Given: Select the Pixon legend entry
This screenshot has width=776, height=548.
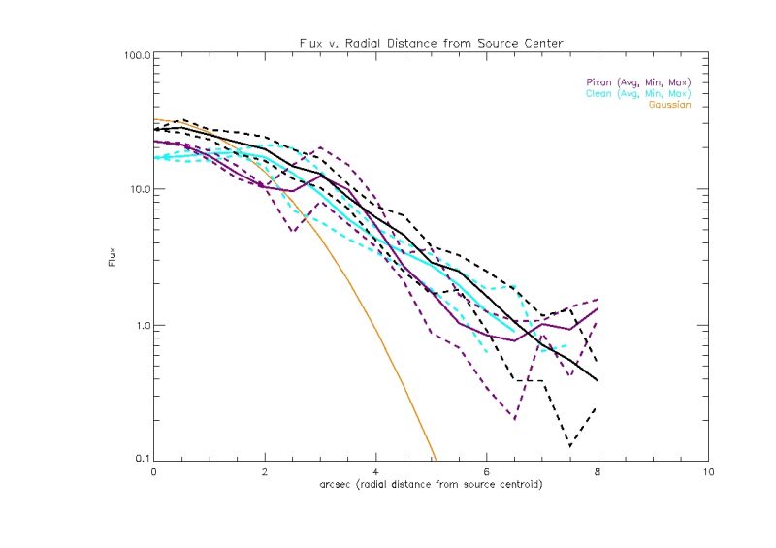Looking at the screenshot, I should [636, 82].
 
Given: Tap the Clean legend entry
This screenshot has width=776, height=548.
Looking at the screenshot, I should [636, 94].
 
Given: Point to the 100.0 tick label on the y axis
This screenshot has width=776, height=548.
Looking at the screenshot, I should [134, 56].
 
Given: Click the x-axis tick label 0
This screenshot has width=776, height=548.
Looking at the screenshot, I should [154, 472].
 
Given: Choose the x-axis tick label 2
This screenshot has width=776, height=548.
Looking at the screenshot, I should [265, 472].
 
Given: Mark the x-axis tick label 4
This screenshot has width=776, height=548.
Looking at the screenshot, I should [375, 472].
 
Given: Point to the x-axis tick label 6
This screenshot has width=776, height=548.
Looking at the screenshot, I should [486, 472].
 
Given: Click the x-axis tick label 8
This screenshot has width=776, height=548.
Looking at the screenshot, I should [598, 472].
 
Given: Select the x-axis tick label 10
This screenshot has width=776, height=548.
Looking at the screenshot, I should [707, 472].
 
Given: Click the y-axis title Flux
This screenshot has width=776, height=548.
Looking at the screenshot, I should [113, 258].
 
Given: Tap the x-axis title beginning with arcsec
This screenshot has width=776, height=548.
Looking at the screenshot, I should [430, 483].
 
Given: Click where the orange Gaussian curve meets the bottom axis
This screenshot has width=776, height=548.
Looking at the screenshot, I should [436, 460].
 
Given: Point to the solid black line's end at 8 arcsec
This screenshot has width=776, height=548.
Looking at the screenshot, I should [598, 380].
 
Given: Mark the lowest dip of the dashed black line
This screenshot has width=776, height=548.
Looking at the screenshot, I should [569, 447].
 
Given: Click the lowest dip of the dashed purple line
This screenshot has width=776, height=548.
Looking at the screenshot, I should [514, 419].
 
